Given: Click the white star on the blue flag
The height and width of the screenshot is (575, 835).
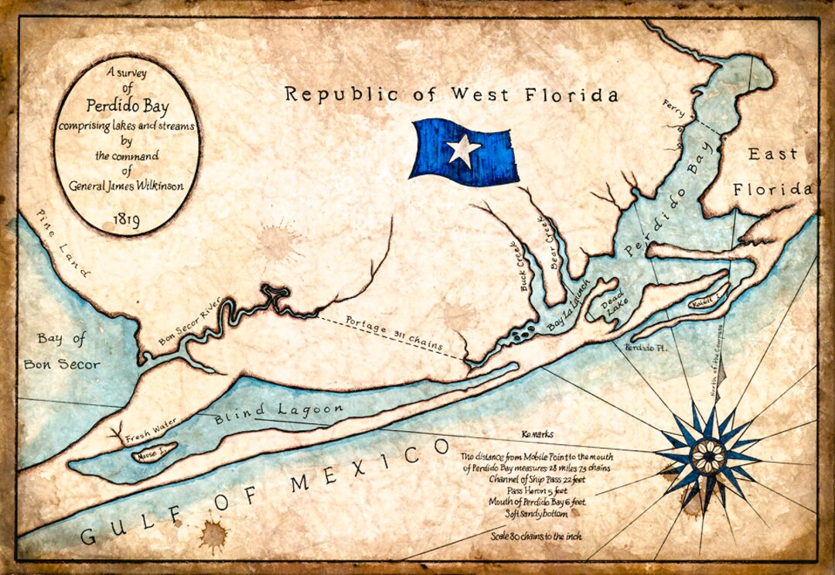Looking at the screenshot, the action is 463,149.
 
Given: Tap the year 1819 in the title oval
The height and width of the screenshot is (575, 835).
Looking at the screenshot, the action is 126,221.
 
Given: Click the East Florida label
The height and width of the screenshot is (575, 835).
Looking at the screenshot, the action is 772,172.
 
